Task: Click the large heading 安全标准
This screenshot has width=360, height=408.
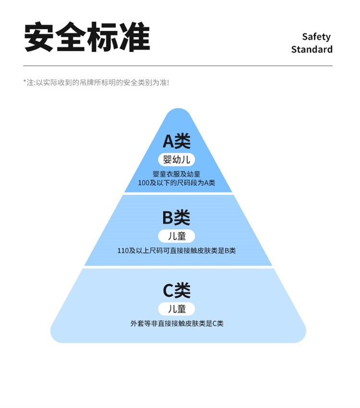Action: point(87,37)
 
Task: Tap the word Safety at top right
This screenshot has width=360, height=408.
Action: point(316,36)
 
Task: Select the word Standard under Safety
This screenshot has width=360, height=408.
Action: point(312,49)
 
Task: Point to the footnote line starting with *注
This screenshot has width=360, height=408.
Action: point(96,82)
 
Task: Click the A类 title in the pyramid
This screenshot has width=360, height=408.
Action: point(177,141)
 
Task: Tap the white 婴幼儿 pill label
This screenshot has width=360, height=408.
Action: point(177,160)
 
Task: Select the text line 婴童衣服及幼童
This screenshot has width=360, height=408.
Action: point(177,174)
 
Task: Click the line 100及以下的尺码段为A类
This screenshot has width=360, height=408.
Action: point(177,183)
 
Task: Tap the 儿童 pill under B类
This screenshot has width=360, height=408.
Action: point(177,236)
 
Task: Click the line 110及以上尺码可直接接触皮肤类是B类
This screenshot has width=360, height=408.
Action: point(177,251)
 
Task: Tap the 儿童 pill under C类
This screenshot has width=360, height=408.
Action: point(177,309)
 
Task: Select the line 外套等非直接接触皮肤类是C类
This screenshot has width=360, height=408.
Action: point(177,324)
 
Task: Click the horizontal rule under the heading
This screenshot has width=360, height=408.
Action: point(178,66)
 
